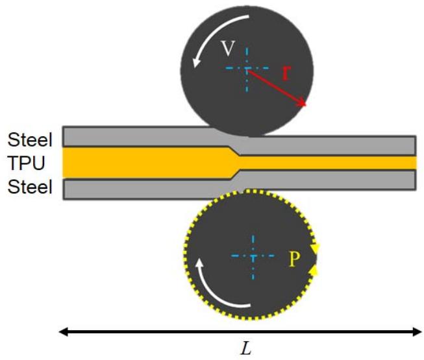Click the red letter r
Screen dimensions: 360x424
click(285, 71)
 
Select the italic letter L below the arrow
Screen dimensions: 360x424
click(245, 349)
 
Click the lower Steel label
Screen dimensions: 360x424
click(30, 187)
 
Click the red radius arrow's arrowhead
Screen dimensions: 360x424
click(303, 104)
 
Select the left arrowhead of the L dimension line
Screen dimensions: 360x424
click(64, 332)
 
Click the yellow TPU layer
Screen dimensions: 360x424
click(143, 162)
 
